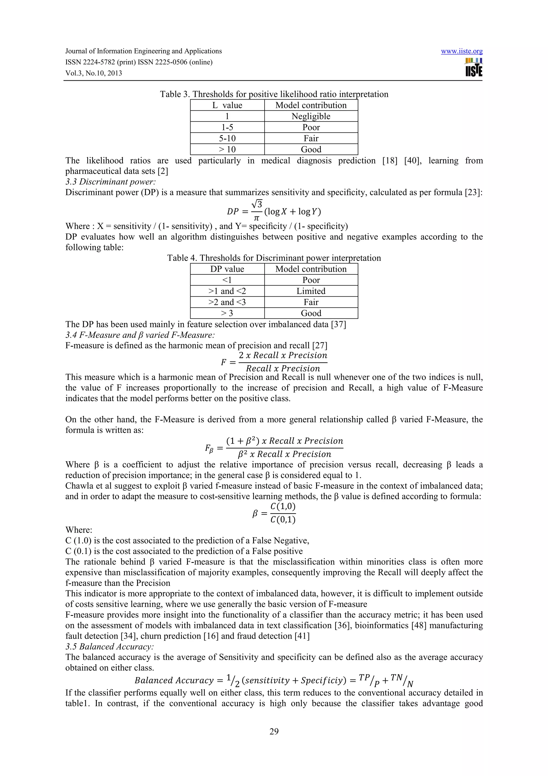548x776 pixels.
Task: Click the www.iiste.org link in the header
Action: click(x=462, y=51)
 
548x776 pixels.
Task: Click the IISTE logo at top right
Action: click(x=473, y=67)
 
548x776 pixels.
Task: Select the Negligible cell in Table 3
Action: click(x=311, y=116)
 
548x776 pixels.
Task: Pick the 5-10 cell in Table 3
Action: click(x=227, y=138)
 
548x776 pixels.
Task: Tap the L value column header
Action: click(x=227, y=105)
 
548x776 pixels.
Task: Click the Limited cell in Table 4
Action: click(x=311, y=291)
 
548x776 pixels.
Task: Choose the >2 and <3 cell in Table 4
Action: click(x=227, y=302)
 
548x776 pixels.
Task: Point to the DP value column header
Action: click(x=227, y=269)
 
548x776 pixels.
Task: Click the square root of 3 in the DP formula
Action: click(x=257, y=204)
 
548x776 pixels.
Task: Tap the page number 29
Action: click(x=274, y=731)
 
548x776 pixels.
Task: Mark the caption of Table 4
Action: click(x=274, y=258)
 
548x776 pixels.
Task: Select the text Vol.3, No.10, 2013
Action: click(x=94, y=73)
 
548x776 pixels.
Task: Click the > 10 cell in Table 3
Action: click(x=227, y=149)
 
